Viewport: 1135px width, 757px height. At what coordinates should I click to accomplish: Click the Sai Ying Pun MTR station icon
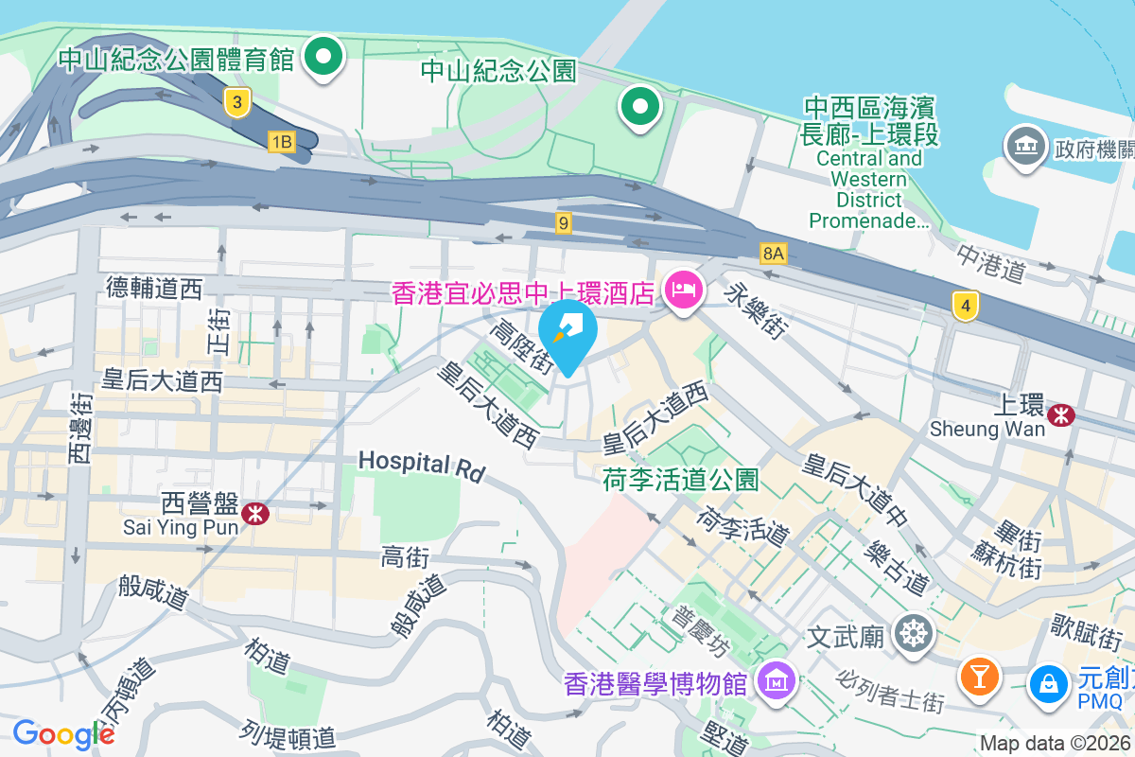click(253, 513)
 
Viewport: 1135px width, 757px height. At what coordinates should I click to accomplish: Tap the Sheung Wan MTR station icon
click(1062, 414)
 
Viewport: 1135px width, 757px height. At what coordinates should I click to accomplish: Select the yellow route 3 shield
click(238, 102)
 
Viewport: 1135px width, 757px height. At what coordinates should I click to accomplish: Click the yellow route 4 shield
click(965, 306)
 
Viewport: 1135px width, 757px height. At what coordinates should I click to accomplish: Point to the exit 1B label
click(282, 142)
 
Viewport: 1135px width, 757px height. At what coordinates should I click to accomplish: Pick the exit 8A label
click(774, 253)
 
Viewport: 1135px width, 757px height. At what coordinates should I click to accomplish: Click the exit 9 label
click(564, 223)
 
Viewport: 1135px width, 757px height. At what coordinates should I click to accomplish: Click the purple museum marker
click(776, 679)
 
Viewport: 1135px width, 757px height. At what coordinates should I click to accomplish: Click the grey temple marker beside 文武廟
click(914, 633)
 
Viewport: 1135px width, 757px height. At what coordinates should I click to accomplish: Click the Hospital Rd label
click(421, 465)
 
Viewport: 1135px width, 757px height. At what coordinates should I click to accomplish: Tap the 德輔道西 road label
click(154, 288)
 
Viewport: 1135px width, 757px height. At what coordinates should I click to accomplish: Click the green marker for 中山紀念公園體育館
click(324, 57)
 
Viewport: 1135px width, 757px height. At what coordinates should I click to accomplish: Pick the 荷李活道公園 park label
click(680, 480)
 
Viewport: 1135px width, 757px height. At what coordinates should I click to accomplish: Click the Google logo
click(62, 734)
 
